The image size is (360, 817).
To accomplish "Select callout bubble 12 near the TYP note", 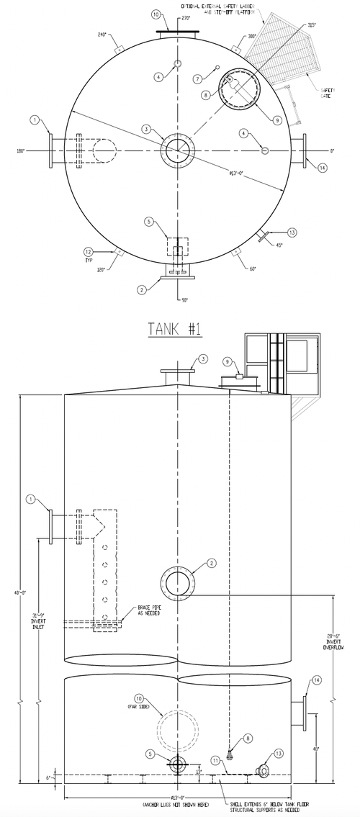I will (88, 252).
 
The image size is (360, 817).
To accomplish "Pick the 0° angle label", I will (333, 151).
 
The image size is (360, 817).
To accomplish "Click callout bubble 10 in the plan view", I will (156, 14).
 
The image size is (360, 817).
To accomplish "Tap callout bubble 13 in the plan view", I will (292, 232).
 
